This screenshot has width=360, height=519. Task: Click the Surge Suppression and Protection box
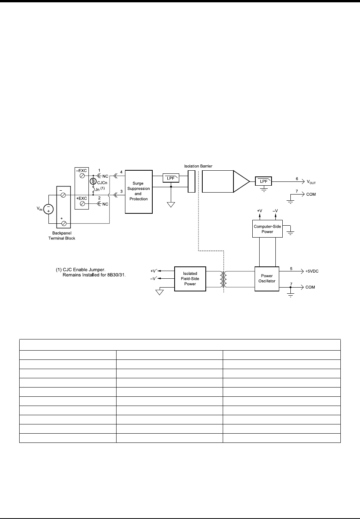click(x=139, y=191)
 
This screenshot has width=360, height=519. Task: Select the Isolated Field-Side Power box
click(x=190, y=279)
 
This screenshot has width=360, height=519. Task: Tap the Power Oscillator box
click(x=267, y=278)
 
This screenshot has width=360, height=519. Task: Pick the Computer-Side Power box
click(x=267, y=229)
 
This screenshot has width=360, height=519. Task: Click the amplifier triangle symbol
click(x=242, y=181)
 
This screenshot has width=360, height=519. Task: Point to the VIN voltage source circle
click(x=48, y=209)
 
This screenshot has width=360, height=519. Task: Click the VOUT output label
click(x=311, y=182)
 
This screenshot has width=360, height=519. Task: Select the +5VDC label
click(x=312, y=271)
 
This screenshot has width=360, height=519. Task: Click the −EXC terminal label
click(x=81, y=170)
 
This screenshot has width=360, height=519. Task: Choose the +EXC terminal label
click(x=81, y=198)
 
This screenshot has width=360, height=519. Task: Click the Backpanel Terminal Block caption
click(x=64, y=236)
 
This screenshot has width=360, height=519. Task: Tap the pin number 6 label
click(x=297, y=179)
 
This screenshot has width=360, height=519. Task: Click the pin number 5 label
click(x=291, y=269)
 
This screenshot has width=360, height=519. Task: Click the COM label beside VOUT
click(x=311, y=195)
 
